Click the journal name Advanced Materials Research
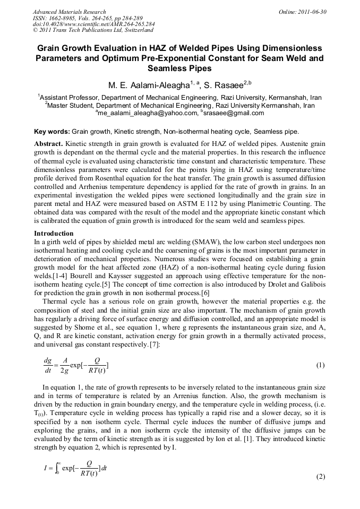point(69,12)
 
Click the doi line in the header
point(93,24)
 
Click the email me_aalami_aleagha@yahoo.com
point(147,113)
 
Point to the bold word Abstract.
point(48,144)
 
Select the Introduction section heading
point(54,234)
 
